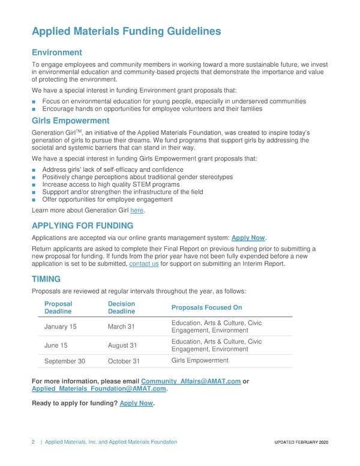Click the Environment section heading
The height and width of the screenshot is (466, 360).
tap(56, 53)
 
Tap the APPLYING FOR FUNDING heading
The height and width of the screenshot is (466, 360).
tap(82, 226)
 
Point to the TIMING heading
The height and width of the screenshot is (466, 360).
tap(48, 279)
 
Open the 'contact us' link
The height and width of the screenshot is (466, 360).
tap(144, 264)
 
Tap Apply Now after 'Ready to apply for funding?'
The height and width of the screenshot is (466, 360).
tap(136, 403)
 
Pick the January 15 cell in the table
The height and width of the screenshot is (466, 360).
tap(61, 327)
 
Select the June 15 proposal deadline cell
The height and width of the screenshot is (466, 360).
tap(58, 345)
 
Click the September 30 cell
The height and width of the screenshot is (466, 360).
tap(65, 361)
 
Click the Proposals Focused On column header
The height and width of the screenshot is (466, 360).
tap(206, 307)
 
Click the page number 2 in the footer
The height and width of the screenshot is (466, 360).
tap(33, 442)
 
